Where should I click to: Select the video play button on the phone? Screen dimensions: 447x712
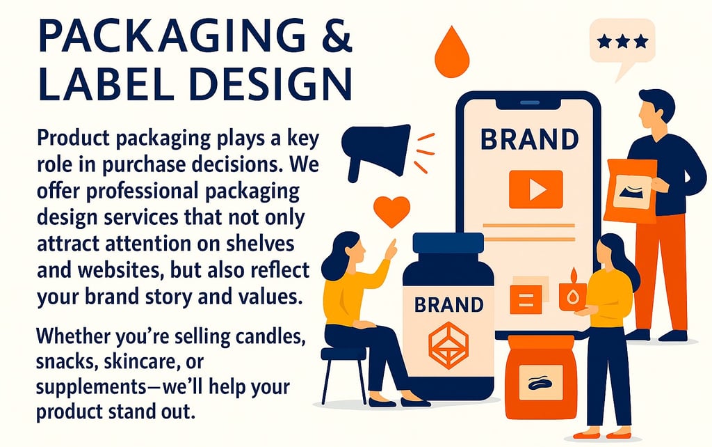coord(535,189)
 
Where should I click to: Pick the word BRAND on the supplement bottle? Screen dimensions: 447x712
coord(448,305)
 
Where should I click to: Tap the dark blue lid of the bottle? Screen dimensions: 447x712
coord(448,243)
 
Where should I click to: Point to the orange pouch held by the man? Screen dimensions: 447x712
coord(631,190)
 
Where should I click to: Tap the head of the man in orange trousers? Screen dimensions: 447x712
coord(654,110)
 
